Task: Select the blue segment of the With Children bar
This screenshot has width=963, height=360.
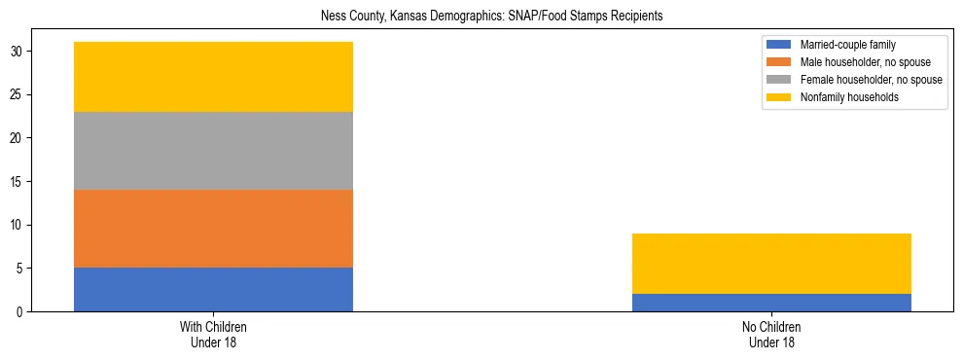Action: click(x=213, y=289)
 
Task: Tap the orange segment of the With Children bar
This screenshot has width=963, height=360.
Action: click(x=213, y=229)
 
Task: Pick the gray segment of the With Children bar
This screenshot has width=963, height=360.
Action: click(x=213, y=151)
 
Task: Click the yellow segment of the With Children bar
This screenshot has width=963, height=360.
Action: click(x=213, y=77)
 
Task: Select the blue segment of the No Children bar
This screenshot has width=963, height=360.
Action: click(x=771, y=303)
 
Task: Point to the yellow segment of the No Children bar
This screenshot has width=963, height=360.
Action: click(x=771, y=264)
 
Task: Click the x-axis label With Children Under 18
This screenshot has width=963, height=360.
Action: click(x=213, y=335)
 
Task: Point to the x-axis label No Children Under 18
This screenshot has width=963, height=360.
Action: click(x=771, y=335)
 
